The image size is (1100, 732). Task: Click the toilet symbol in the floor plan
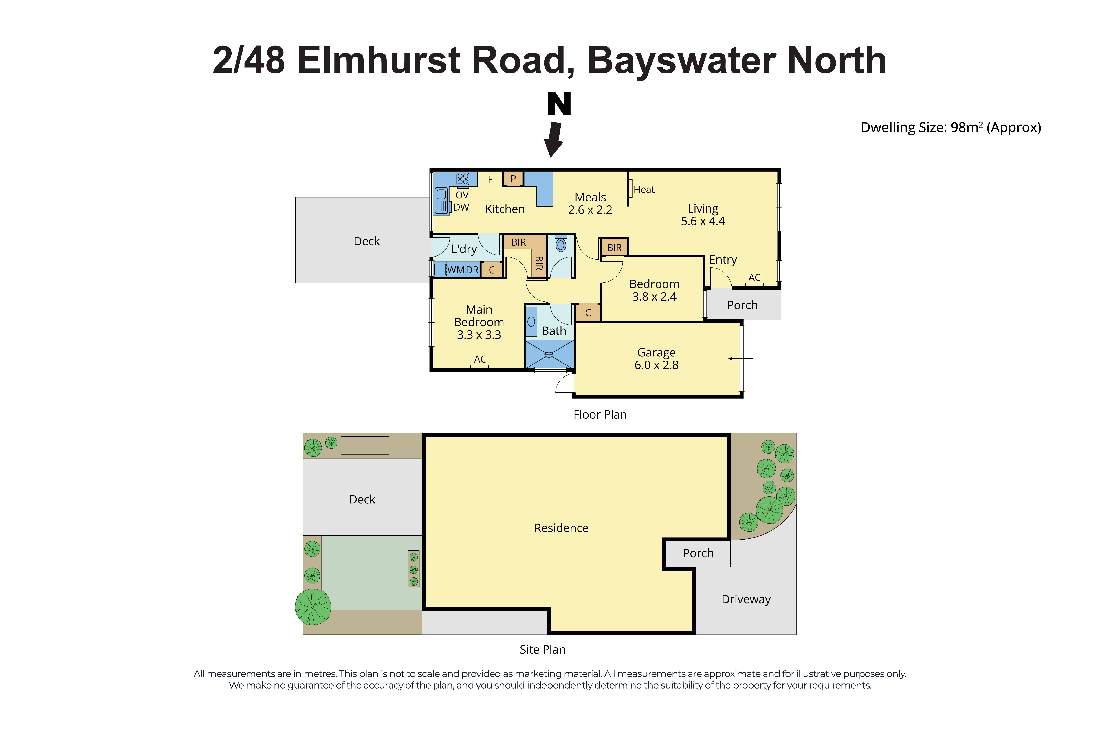click(x=561, y=244)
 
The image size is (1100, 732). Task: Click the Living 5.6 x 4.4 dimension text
click(x=703, y=221)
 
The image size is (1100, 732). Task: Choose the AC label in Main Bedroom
click(x=480, y=359)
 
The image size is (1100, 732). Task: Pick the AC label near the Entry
click(x=754, y=277)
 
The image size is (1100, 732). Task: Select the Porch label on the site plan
click(x=698, y=553)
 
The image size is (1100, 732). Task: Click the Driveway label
click(x=746, y=599)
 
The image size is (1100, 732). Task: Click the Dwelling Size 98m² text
click(x=951, y=127)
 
